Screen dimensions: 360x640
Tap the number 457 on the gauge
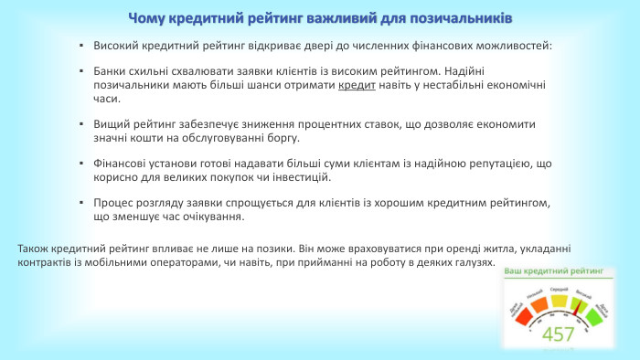pos(558,334)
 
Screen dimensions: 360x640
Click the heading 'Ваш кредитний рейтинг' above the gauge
pos(555,271)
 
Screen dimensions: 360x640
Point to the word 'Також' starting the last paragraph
pos(34,248)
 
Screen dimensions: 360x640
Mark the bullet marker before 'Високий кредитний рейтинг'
pos(81,45)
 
